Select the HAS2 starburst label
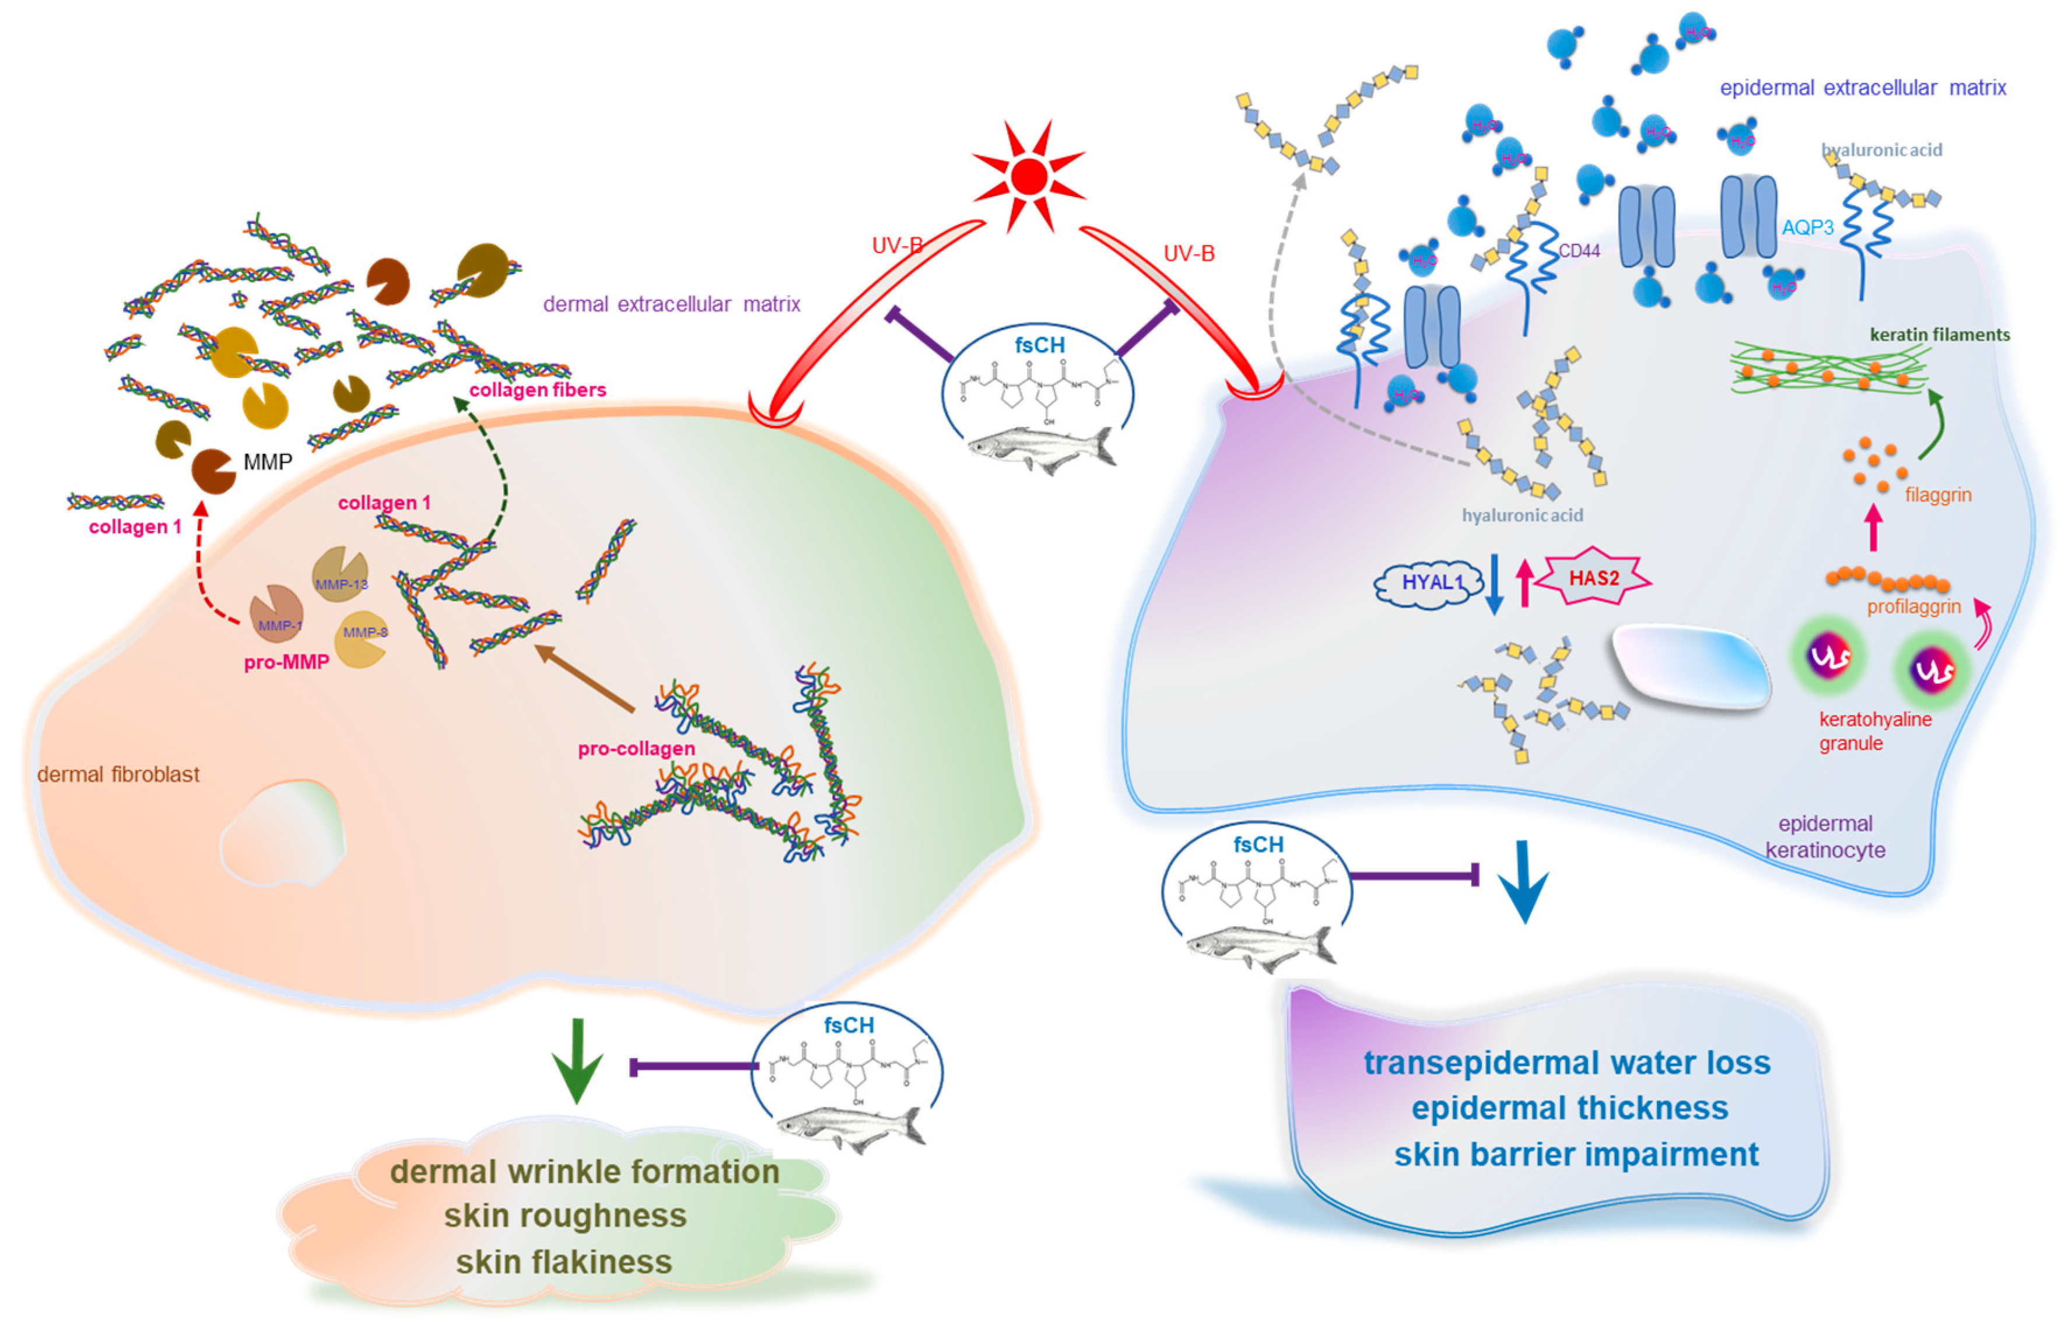tap(1594, 578)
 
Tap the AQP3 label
tap(1807, 227)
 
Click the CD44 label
tap(1579, 251)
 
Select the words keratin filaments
tap(1939, 334)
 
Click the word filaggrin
tap(1937, 495)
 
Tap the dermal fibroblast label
tap(118, 775)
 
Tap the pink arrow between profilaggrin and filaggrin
tap(1873, 528)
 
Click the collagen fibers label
tap(538, 390)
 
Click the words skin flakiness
tap(563, 1262)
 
